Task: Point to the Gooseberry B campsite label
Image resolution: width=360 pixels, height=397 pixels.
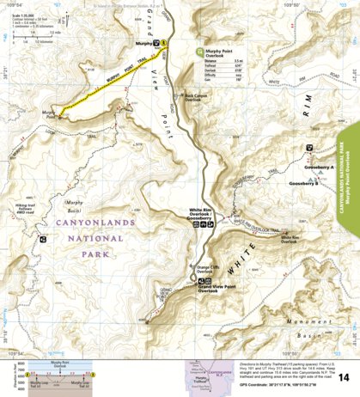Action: (x=304, y=183)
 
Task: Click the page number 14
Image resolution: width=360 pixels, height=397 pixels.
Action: (x=344, y=377)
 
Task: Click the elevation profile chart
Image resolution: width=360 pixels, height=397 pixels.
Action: (x=57, y=377)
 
